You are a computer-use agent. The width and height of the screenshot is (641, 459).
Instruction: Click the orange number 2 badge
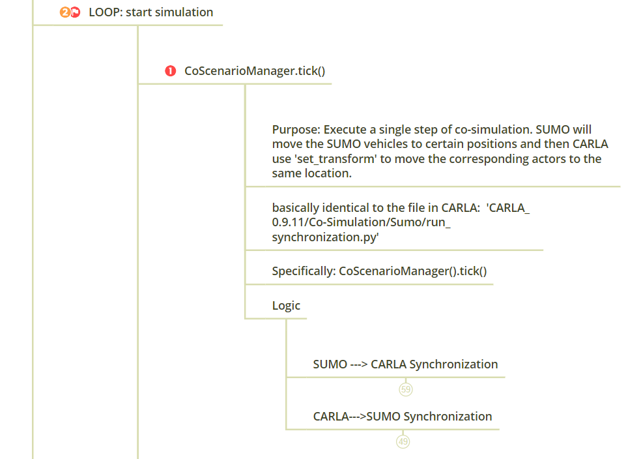pyautogui.click(x=64, y=12)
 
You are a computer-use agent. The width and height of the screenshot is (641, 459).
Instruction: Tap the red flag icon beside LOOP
pyautogui.click(x=75, y=12)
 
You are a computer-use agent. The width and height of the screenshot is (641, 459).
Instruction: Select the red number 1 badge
pyautogui.click(x=171, y=71)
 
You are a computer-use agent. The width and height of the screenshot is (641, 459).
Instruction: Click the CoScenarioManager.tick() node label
pyautogui.click(x=255, y=71)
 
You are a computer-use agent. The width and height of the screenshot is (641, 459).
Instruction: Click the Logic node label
pyautogui.click(x=286, y=305)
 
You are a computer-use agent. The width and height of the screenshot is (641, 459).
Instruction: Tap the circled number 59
pyautogui.click(x=406, y=389)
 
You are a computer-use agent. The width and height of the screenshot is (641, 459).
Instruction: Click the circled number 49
pyautogui.click(x=403, y=441)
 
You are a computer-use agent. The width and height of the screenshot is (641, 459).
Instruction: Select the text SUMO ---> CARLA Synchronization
pyautogui.click(x=405, y=364)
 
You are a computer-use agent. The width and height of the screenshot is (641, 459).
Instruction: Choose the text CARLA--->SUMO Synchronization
pyautogui.click(x=402, y=417)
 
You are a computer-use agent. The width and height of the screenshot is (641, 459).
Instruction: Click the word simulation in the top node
pyautogui.click(x=183, y=12)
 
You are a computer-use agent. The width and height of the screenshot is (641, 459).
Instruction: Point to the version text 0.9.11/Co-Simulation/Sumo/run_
pyautogui.click(x=362, y=222)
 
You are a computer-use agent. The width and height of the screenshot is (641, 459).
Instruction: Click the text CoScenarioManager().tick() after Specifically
pyautogui.click(x=413, y=271)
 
